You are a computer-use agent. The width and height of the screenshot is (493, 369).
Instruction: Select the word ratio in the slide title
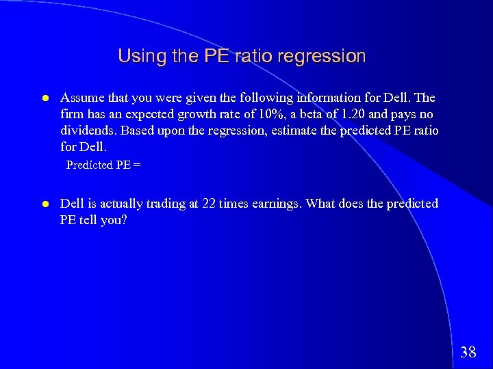tap(255, 56)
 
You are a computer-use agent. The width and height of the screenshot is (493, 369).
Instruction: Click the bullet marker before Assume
tap(44, 98)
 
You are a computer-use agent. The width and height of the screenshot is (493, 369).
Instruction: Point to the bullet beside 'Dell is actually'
tap(44, 204)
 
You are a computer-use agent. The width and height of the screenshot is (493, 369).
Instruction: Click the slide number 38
tap(468, 352)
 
